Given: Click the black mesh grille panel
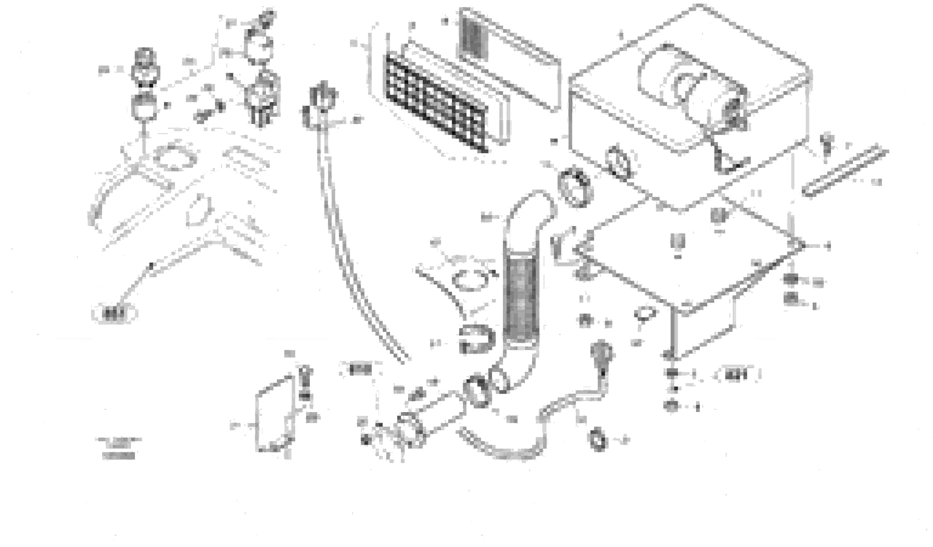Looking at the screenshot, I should click(x=436, y=102).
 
